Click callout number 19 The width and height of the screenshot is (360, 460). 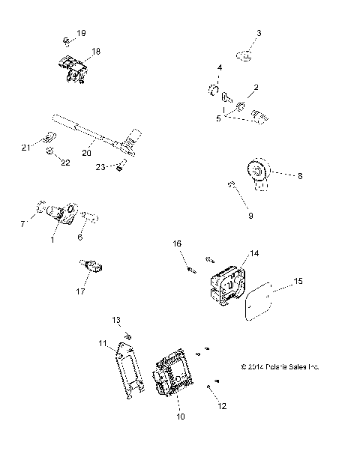(82, 33)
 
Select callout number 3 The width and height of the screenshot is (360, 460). (259, 33)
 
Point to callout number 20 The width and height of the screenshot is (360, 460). (87, 152)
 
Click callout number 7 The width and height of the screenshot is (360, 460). (22, 224)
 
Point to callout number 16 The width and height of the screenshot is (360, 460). (178, 243)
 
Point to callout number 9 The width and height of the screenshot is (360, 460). (250, 215)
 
